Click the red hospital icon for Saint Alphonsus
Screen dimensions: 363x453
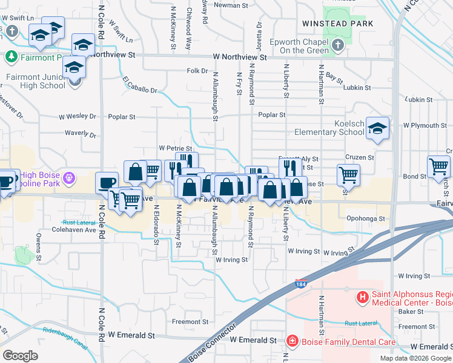[x=363, y=297]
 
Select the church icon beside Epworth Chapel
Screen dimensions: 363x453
[x=338, y=45]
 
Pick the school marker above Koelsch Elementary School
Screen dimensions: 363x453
[x=377, y=128]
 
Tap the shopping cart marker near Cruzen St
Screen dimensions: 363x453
[x=348, y=175]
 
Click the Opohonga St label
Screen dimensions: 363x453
[x=366, y=218]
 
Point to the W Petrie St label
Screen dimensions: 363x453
[x=175, y=148]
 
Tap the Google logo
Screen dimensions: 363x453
[x=20, y=355]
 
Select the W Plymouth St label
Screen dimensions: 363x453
[x=425, y=126]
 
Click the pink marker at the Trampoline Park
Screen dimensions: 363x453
[x=70, y=178]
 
